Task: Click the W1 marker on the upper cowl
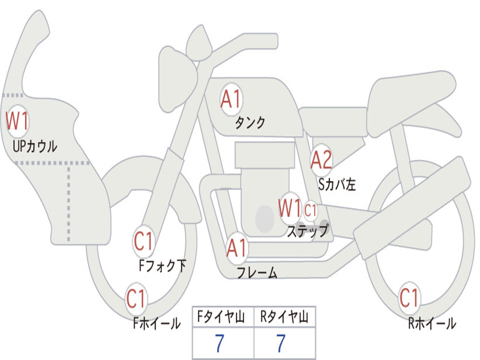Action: pyautogui.click(x=17, y=121)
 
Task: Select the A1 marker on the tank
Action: pyautogui.click(x=231, y=99)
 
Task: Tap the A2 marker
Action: pyautogui.click(x=322, y=160)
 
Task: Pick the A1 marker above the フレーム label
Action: pyautogui.click(x=237, y=248)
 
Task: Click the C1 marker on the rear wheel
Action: pyautogui.click(x=409, y=297)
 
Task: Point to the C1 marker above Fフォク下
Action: pyautogui.click(x=143, y=242)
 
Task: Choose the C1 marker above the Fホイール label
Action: pyautogui.click(x=136, y=299)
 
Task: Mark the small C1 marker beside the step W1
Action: pyautogui.click(x=311, y=210)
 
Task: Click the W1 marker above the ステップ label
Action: pyautogui.click(x=290, y=208)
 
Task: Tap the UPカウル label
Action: pyautogui.click(x=35, y=147)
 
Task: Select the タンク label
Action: pyautogui.click(x=250, y=123)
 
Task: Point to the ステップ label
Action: pyautogui.click(x=307, y=231)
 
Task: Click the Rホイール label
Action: pyautogui.click(x=432, y=323)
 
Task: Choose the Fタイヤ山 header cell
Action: pyautogui.click(x=223, y=318)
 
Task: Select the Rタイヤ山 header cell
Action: pyautogui.click(x=285, y=318)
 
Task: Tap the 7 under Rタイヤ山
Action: pyautogui.click(x=281, y=344)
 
